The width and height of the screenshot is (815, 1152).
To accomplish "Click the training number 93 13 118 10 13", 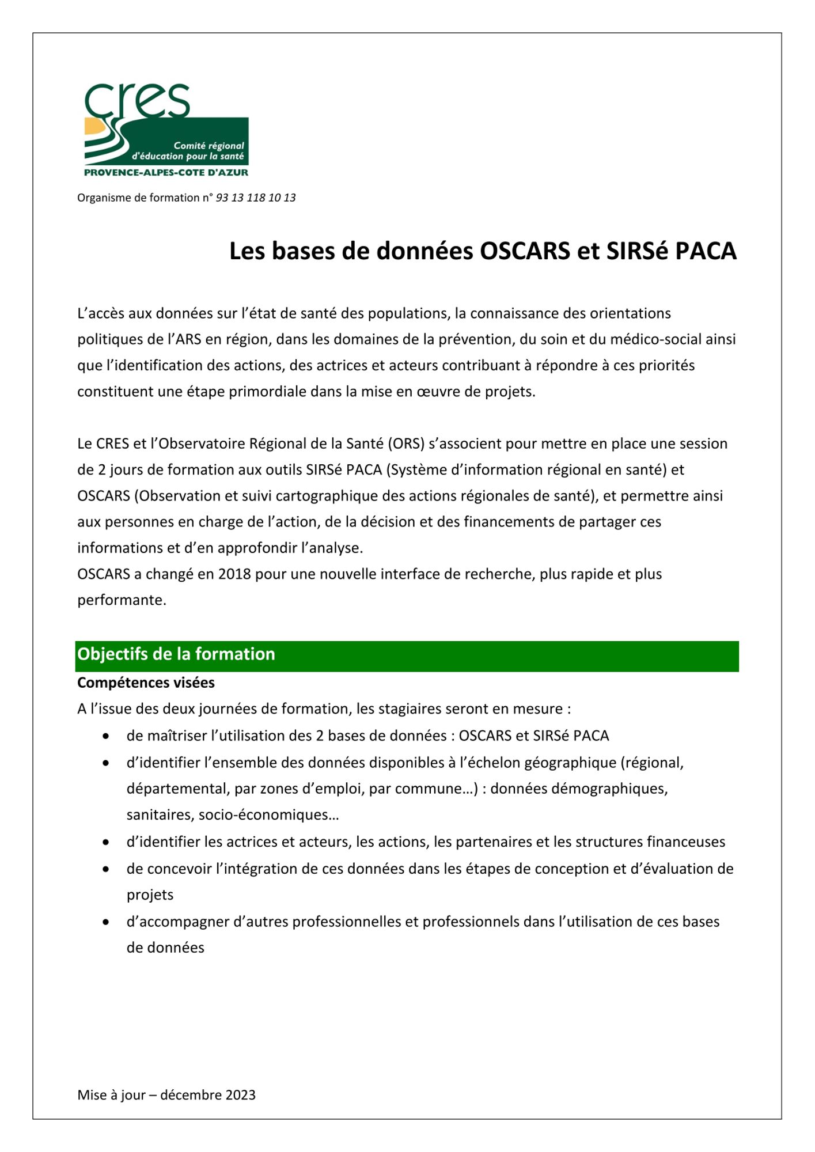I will [255, 198].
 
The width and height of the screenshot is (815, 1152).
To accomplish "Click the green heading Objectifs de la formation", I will [176, 654].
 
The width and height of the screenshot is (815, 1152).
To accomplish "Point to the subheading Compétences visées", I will [146, 683].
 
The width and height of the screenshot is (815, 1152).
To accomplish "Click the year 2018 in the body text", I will [234, 574].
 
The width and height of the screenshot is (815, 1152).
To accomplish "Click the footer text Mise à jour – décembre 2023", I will [166, 1095].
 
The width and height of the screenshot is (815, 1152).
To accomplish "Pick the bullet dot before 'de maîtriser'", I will [106, 736].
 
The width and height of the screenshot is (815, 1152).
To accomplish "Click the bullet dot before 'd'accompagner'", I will [106, 922].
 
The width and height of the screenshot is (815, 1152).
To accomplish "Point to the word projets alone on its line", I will [150, 895].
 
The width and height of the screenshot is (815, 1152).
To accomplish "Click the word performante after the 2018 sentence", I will [122, 600].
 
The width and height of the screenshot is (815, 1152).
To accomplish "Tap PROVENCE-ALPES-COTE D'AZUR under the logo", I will [166, 172].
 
